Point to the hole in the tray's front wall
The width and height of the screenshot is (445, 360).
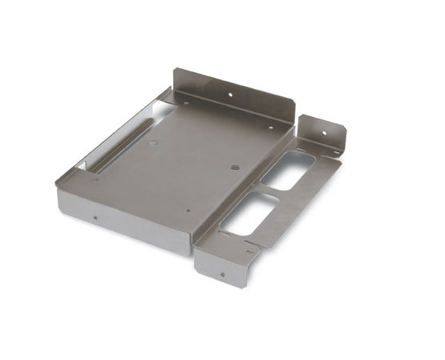point(95,216)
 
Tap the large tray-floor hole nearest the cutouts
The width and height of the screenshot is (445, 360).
point(235,168)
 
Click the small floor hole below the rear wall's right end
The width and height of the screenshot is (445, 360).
point(270,127)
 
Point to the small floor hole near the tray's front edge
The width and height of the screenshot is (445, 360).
point(188,211)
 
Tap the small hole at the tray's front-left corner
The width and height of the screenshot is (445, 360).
point(97,178)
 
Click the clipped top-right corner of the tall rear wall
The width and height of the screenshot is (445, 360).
point(297,102)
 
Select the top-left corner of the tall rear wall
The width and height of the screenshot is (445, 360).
point(174,69)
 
